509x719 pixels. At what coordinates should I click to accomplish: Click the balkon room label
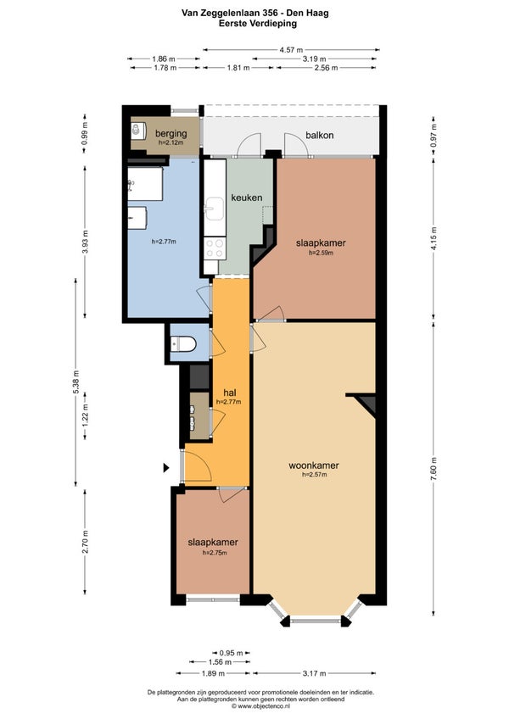320,136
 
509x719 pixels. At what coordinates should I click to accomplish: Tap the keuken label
247,198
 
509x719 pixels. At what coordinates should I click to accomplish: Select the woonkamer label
314,465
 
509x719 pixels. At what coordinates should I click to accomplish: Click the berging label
171,134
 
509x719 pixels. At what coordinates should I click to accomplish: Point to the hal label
230,393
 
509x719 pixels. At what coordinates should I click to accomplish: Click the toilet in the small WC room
183,343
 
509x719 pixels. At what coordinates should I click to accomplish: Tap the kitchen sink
214,209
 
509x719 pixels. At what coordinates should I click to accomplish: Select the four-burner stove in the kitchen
215,248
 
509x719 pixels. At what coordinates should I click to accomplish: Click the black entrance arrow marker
166,468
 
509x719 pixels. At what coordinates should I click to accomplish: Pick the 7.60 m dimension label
434,469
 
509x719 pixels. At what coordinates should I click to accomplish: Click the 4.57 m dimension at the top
291,50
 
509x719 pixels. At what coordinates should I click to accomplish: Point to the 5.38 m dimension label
76,382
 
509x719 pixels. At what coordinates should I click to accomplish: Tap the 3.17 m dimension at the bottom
315,673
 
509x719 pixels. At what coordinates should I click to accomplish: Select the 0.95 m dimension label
231,653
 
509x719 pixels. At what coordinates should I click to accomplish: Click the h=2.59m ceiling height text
321,253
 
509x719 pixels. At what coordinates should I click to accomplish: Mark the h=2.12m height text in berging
171,142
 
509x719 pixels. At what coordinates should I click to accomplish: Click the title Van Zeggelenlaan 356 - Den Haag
255,14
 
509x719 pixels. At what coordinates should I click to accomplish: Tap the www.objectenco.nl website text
260,706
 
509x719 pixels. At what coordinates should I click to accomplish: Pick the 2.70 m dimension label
86,542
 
